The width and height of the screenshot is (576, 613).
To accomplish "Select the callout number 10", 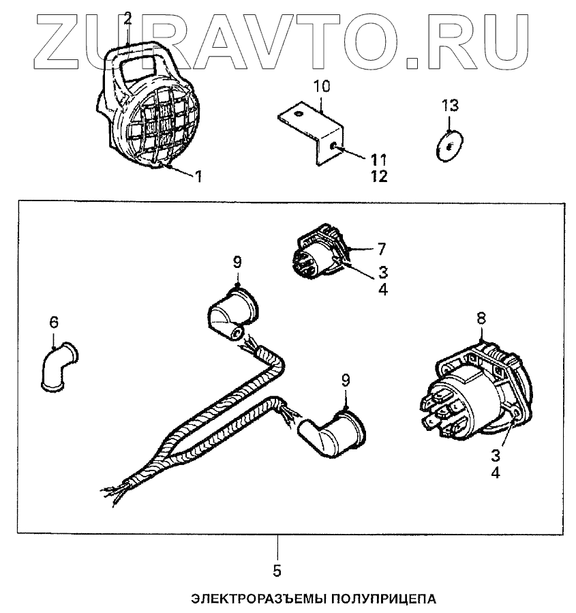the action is click(322, 87).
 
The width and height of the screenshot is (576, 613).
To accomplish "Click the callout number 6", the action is click(53, 322).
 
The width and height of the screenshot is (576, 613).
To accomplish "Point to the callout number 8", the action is click(482, 317).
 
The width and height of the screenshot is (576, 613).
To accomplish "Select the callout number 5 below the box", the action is click(278, 569).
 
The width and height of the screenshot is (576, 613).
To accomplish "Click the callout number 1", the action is click(199, 177).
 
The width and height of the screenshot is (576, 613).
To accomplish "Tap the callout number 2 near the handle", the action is click(127, 18).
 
